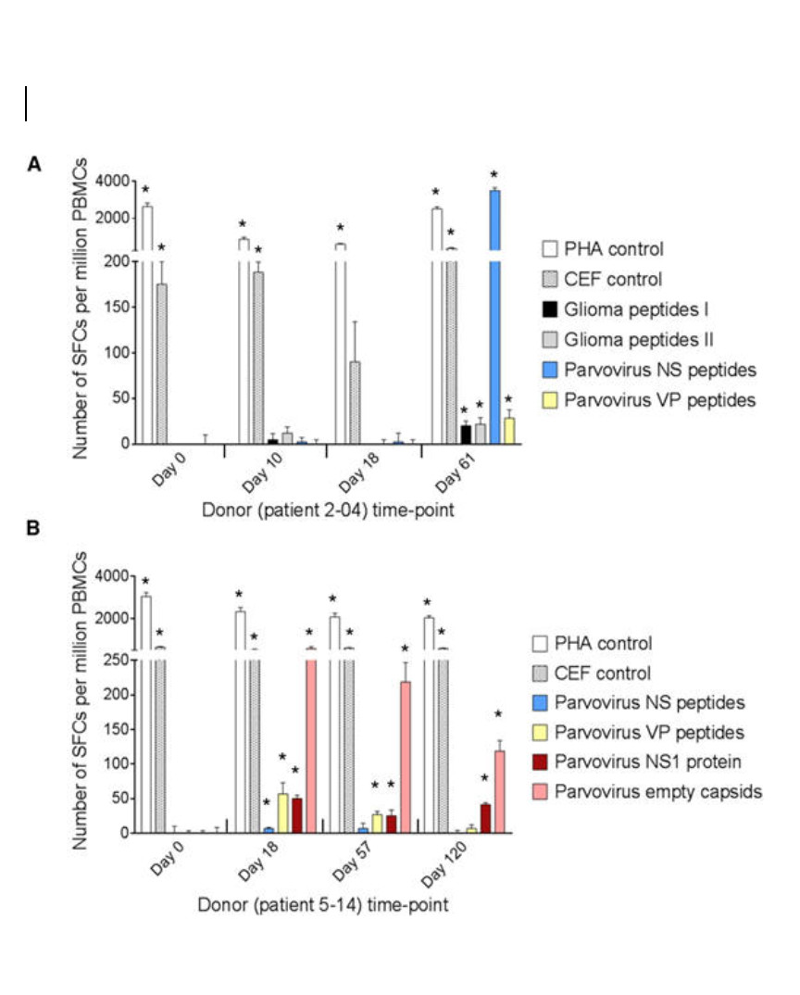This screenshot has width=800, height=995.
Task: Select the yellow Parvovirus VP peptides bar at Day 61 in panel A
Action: [x=508, y=432]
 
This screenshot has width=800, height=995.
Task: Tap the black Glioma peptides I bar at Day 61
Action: [x=466, y=435]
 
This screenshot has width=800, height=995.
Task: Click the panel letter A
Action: [x=34, y=165]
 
